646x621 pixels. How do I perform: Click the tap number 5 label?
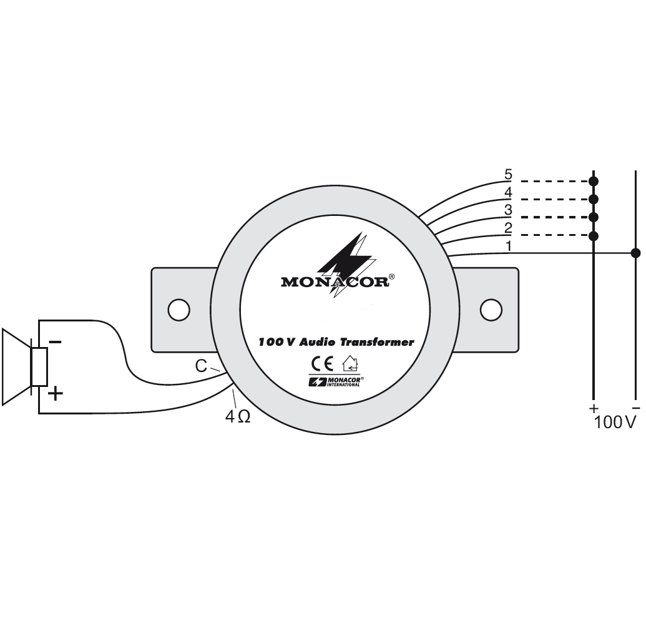(508, 174)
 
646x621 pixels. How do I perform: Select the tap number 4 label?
(508, 192)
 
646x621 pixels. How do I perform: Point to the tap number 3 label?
(508, 210)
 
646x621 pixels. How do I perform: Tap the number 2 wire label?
(508, 228)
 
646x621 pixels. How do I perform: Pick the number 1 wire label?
(508, 246)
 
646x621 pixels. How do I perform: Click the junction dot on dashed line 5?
(594, 181)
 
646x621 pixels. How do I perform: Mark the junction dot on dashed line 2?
(594, 235)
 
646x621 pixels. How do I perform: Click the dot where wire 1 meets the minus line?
(635, 253)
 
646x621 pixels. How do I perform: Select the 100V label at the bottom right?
(615, 423)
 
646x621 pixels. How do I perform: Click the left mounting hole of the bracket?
(179, 309)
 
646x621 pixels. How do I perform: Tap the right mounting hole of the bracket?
(491, 309)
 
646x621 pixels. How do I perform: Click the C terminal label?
(201, 366)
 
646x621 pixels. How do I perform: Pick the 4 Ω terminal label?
(237, 417)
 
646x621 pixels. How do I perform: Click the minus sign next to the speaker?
(55, 342)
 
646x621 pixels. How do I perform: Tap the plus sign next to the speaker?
(55, 393)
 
